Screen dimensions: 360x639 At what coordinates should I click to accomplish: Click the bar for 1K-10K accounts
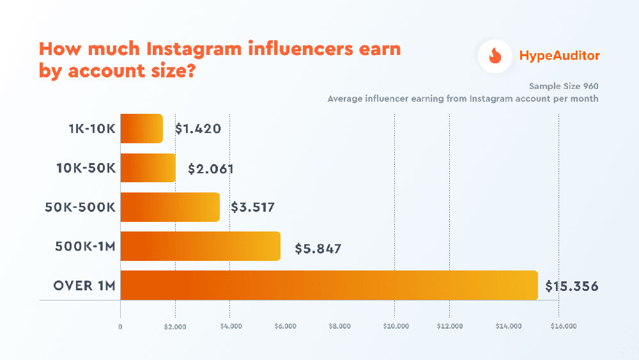click(x=142, y=129)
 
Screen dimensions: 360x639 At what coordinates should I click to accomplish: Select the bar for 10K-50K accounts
click(x=148, y=168)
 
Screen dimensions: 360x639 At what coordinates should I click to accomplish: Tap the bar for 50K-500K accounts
click(x=170, y=207)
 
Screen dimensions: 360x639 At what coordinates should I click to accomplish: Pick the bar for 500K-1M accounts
click(x=201, y=246)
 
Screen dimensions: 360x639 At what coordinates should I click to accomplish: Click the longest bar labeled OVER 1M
click(x=329, y=285)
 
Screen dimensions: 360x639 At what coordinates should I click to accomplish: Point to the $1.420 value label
click(x=198, y=129)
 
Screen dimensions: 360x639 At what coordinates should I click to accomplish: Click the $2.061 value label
click(x=211, y=169)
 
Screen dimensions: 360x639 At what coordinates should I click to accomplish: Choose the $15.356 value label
click(x=572, y=286)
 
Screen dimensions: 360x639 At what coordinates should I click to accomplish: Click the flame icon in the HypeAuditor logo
click(x=495, y=56)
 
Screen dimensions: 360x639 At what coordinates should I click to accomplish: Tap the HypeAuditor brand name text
click(x=558, y=56)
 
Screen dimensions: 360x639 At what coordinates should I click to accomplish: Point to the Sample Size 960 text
click(x=564, y=86)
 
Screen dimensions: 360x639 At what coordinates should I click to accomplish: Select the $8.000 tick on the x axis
click(x=340, y=326)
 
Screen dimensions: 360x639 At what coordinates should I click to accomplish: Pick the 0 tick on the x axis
click(x=120, y=326)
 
